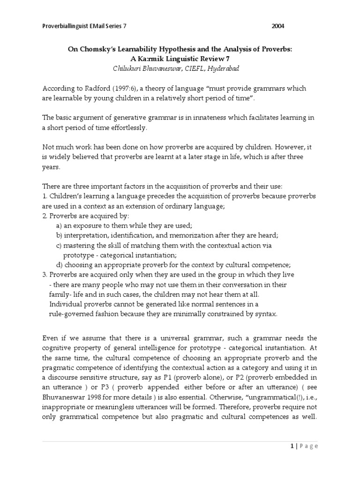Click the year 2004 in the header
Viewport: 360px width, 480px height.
[x=277, y=26]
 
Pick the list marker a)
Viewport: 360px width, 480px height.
[x=60, y=226]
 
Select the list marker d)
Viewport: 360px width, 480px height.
[x=60, y=265]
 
